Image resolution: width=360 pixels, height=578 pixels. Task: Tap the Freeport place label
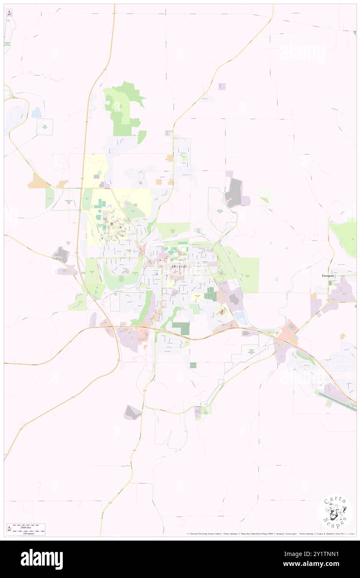pos(328,276)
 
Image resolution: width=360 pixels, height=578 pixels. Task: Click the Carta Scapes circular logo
pos(335,513)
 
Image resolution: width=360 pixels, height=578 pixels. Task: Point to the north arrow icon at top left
pos(10,13)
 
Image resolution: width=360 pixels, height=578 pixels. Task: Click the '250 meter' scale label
pos(29,533)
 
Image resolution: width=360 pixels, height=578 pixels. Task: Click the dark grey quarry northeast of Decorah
pos(234,193)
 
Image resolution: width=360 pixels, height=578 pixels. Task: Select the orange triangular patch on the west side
pos(38,182)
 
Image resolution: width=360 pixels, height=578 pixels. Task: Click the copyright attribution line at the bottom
pos(270,534)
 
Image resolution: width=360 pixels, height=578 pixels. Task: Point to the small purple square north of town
pos(222,86)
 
